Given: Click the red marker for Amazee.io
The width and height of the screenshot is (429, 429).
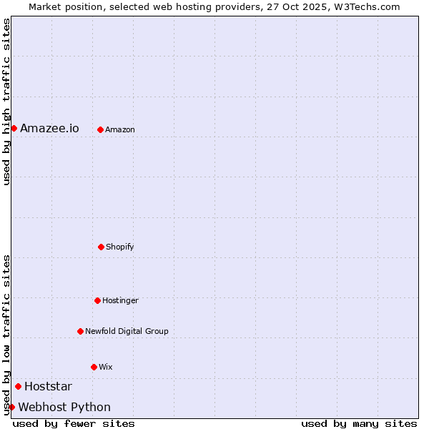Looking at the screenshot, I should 14,128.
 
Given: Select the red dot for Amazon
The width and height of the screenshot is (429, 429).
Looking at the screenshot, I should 100,129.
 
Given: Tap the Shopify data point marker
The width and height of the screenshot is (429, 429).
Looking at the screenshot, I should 101,247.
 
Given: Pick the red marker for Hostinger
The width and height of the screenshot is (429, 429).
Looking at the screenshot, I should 97,300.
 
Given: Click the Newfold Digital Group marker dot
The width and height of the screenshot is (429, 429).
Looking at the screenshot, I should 80,331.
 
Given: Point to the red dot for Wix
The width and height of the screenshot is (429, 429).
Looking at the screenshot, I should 94,367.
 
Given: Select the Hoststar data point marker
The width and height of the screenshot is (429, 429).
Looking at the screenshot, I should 18,386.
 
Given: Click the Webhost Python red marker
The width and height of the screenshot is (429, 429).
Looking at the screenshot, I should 11,407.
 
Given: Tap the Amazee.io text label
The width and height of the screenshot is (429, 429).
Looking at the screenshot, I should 49,129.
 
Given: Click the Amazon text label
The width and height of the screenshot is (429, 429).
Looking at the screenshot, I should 120,129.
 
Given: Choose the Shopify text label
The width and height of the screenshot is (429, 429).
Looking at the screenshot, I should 120,247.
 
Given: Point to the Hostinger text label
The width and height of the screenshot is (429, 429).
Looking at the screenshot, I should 120,300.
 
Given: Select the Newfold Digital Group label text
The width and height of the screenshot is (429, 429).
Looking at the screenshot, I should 127,331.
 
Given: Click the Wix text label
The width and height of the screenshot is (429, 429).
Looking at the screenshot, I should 106,367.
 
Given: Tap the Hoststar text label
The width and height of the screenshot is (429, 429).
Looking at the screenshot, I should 48,387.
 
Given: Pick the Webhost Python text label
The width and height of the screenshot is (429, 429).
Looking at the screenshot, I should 64,408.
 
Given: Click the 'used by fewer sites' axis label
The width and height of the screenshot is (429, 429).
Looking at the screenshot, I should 74,423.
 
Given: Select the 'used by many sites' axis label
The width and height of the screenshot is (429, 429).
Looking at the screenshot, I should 359,423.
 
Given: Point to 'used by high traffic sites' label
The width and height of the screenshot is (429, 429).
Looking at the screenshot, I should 6,102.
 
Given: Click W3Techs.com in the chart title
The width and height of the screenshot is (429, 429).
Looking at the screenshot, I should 365,6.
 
